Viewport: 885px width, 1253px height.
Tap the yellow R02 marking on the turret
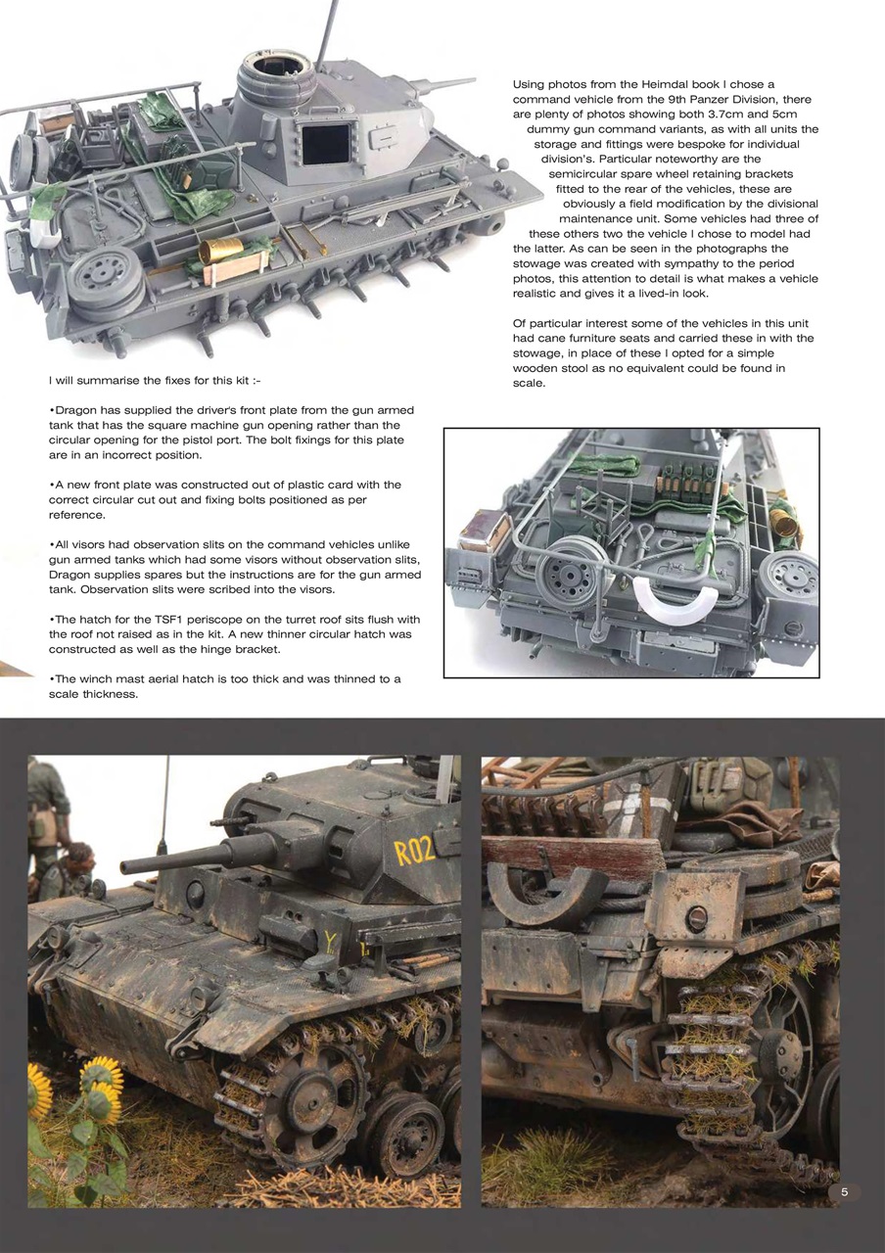(x=414, y=851)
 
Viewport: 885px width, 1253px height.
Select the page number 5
(x=844, y=1191)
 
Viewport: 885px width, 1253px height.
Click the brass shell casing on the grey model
(x=220, y=252)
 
